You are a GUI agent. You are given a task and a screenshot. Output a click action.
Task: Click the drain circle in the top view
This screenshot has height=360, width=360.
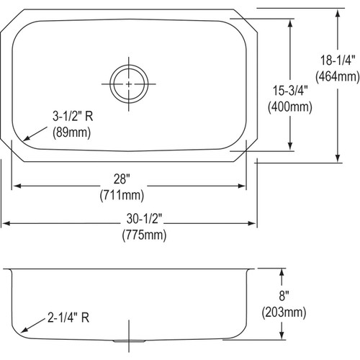[130, 83]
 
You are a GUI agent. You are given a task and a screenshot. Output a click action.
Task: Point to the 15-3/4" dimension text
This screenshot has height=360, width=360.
[289, 93]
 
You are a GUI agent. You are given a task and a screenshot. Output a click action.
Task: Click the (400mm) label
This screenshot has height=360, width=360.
[289, 108]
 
